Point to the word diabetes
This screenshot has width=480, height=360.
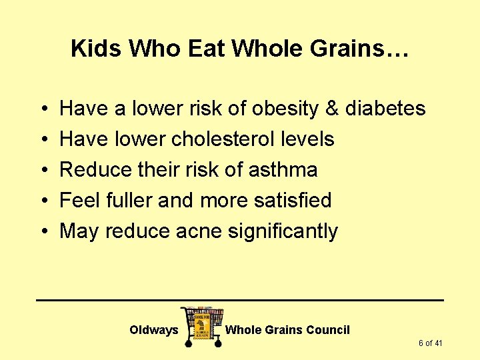coord(385,109)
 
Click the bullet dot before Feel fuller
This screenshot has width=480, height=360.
coord(43,201)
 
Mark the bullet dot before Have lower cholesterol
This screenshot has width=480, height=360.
coord(43,140)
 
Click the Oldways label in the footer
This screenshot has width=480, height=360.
coord(153,330)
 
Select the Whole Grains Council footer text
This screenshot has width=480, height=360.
coord(287,330)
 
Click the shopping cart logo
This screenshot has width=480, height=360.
coord(201,326)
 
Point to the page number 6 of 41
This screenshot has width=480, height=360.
coord(431,343)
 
